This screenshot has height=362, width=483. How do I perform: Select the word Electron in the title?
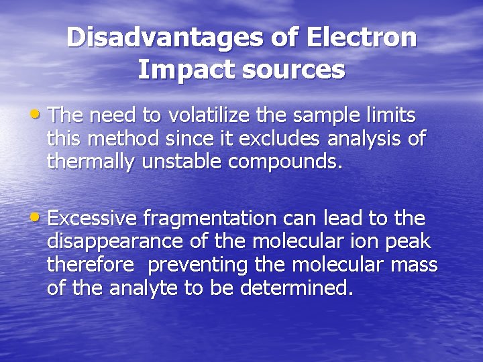tap(362, 38)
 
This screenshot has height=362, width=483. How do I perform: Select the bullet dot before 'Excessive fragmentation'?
tap(42, 217)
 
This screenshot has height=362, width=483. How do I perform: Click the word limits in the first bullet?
tap(390, 115)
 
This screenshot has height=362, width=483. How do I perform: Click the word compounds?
tap(286, 162)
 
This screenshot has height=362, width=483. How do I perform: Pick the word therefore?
tap(90, 265)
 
